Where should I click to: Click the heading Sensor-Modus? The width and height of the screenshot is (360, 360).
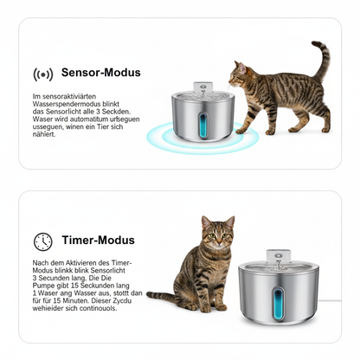100,74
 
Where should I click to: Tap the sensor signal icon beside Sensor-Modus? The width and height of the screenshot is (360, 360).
42,74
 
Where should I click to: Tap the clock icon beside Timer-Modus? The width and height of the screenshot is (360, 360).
42,241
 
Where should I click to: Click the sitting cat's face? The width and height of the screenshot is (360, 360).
217,235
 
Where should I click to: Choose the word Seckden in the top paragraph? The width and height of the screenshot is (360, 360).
126,111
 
